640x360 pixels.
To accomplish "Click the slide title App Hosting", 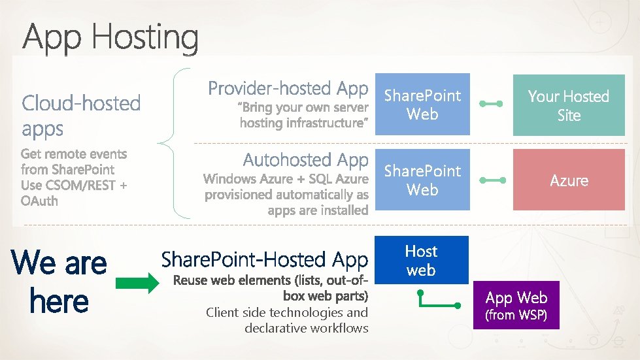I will pyautogui.click(x=110, y=38).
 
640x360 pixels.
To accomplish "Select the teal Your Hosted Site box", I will pyautogui.click(x=568, y=105).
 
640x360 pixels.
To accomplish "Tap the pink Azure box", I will pyautogui.click(x=568, y=180).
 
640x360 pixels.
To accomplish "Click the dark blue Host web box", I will pyautogui.click(x=422, y=260).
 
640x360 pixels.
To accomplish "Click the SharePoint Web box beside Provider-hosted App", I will pyautogui.click(x=422, y=105).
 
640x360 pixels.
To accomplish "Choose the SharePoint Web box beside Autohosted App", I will pyautogui.click(x=422, y=180).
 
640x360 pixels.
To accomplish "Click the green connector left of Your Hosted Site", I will pyautogui.click(x=490, y=104).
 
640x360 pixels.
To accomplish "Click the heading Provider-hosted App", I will pyautogui.click(x=288, y=88).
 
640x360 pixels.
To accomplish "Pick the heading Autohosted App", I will pyautogui.click(x=306, y=159).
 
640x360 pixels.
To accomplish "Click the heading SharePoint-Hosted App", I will pyautogui.click(x=265, y=259).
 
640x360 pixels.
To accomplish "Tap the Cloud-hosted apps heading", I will pyautogui.click(x=81, y=115).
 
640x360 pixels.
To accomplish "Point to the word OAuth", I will pyautogui.click(x=39, y=201).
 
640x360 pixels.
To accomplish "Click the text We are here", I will pyautogui.click(x=59, y=282).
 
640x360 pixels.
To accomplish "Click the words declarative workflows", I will pyautogui.click(x=306, y=328).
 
